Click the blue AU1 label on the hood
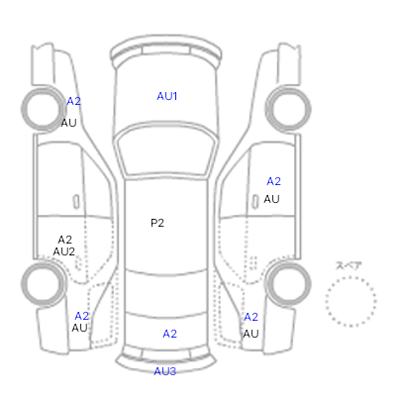point(167,96)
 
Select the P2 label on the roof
point(157,223)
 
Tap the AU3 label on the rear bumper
point(165,371)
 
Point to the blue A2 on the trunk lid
point(170,334)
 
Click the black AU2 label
point(64,251)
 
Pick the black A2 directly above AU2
point(64,240)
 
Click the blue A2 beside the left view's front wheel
point(74,101)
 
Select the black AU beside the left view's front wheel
point(68,123)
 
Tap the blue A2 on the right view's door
point(274,181)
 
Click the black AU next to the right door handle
point(271,199)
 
